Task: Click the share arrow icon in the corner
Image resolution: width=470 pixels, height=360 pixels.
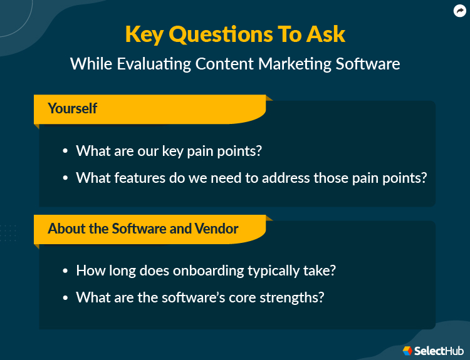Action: click(x=459, y=11)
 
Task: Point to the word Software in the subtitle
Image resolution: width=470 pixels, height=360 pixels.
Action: click(x=370, y=64)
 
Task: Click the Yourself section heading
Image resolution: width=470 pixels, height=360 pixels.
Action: click(x=72, y=108)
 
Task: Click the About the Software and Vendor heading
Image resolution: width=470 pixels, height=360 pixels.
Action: click(x=143, y=229)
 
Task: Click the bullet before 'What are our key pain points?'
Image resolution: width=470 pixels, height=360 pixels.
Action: click(x=65, y=152)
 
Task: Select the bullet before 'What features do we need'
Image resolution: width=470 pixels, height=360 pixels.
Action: click(x=65, y=178)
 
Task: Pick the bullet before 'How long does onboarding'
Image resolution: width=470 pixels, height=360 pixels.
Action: click(x=65, y=272)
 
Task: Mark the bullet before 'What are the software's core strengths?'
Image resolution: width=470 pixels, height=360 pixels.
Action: click(x=65, y=298)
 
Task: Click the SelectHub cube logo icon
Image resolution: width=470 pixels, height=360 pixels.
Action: click(x=407, y=351)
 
